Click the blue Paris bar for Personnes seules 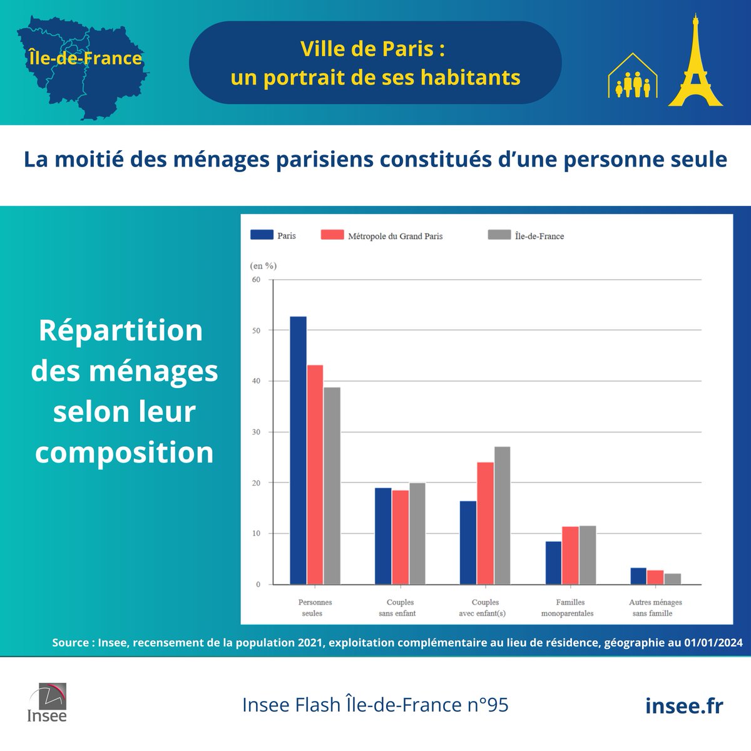[298, 450]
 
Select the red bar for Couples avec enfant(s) [485, 523]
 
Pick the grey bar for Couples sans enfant [417, 533]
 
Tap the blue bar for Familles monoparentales [553, 563]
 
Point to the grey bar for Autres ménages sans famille [672, 579]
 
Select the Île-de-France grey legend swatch [499, 235]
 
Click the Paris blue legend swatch [262, 235]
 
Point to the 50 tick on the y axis [256, 330]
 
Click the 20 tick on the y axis [256, 483]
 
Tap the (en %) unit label [263, 265]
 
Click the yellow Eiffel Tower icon [695, 63]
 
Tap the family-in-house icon [633, 78]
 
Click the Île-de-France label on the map [86, 58]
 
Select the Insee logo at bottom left [47, 702]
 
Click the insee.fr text [683, 705]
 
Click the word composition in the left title [125, 452]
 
